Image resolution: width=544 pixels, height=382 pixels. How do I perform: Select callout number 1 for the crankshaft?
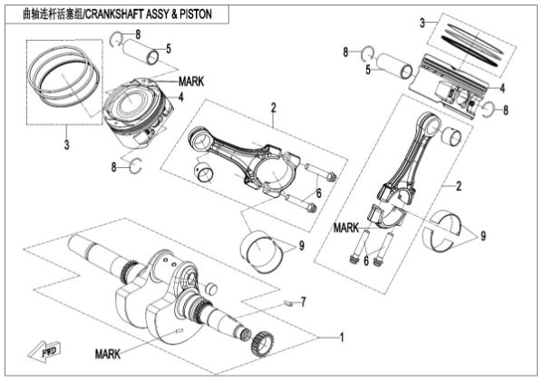click(341, 338)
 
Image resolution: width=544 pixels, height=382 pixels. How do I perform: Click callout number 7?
click(305, 300)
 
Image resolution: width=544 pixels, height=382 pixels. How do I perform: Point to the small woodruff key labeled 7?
click(285, 303)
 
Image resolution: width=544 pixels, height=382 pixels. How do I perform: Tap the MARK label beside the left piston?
click(191, 81)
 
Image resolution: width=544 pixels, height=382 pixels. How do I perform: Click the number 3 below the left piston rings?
click(66, 143)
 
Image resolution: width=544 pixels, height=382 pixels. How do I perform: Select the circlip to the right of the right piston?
click(487, 109)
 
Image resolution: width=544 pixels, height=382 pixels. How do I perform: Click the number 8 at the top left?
click(138, 34)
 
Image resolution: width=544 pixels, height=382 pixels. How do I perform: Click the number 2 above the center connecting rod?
click(271, 108)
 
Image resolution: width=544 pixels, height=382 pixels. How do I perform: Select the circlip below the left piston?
click(136, 163)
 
